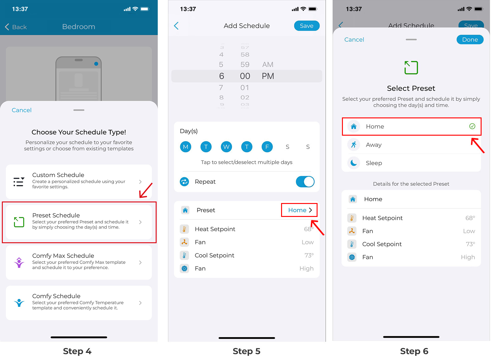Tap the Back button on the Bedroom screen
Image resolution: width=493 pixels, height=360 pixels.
click(x=16, y=27)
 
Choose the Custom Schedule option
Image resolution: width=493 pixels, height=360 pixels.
click(x=79, y=181)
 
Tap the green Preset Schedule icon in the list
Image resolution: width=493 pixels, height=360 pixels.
click(x=19, y=222)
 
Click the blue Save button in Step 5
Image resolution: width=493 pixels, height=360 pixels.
click(x=306, y=26)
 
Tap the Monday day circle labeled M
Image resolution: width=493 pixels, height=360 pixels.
click(x=186, y=147)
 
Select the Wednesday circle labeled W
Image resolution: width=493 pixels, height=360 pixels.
click(x=226, y=147)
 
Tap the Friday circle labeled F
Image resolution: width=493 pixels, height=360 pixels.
click(x=267, y=147)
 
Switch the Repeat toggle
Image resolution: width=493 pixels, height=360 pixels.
click(x=305, y=182)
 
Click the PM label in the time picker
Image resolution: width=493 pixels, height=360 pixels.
click(x=268, y=76)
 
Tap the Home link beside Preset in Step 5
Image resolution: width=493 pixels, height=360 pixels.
click(x=299, y=210)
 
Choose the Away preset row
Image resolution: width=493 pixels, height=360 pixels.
click(x=411, y=145)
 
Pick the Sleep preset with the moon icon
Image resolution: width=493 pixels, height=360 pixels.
click(x=411, y=163)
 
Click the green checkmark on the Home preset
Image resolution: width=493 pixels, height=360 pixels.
click(x=472, y=126)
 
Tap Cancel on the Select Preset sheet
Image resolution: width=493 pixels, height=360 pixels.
click(x=354, y=40)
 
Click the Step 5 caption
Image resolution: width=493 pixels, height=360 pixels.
click(x=247, y=351)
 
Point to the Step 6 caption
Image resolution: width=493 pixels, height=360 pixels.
click(x=414, y=351)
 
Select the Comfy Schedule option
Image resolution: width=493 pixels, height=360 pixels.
click(x=79, y=303)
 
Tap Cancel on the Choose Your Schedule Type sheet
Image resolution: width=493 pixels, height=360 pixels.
click(x=22, y=110)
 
